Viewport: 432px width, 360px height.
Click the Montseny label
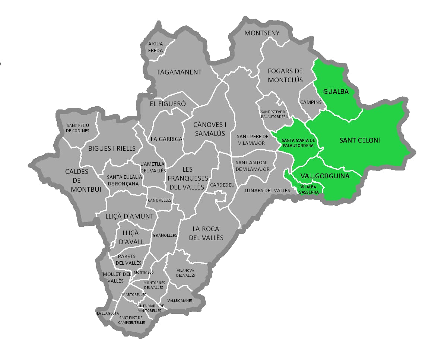(x=261, y=34)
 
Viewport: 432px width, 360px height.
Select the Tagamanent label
(x=179, y=72)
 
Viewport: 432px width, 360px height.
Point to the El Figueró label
(x=168, y=104)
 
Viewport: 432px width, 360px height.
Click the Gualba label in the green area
(x=336, y=92)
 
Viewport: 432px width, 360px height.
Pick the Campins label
(x=310, y=102)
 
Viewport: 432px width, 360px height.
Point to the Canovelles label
(x=159, y=200)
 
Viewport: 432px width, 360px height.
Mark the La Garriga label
(x=166, y=139)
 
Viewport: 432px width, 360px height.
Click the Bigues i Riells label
(x=112, y=149)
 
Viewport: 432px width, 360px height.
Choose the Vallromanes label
(x=180, y=300)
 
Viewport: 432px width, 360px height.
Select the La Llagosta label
(x=108, y=313)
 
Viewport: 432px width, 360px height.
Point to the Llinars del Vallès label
(x=267, y=191)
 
